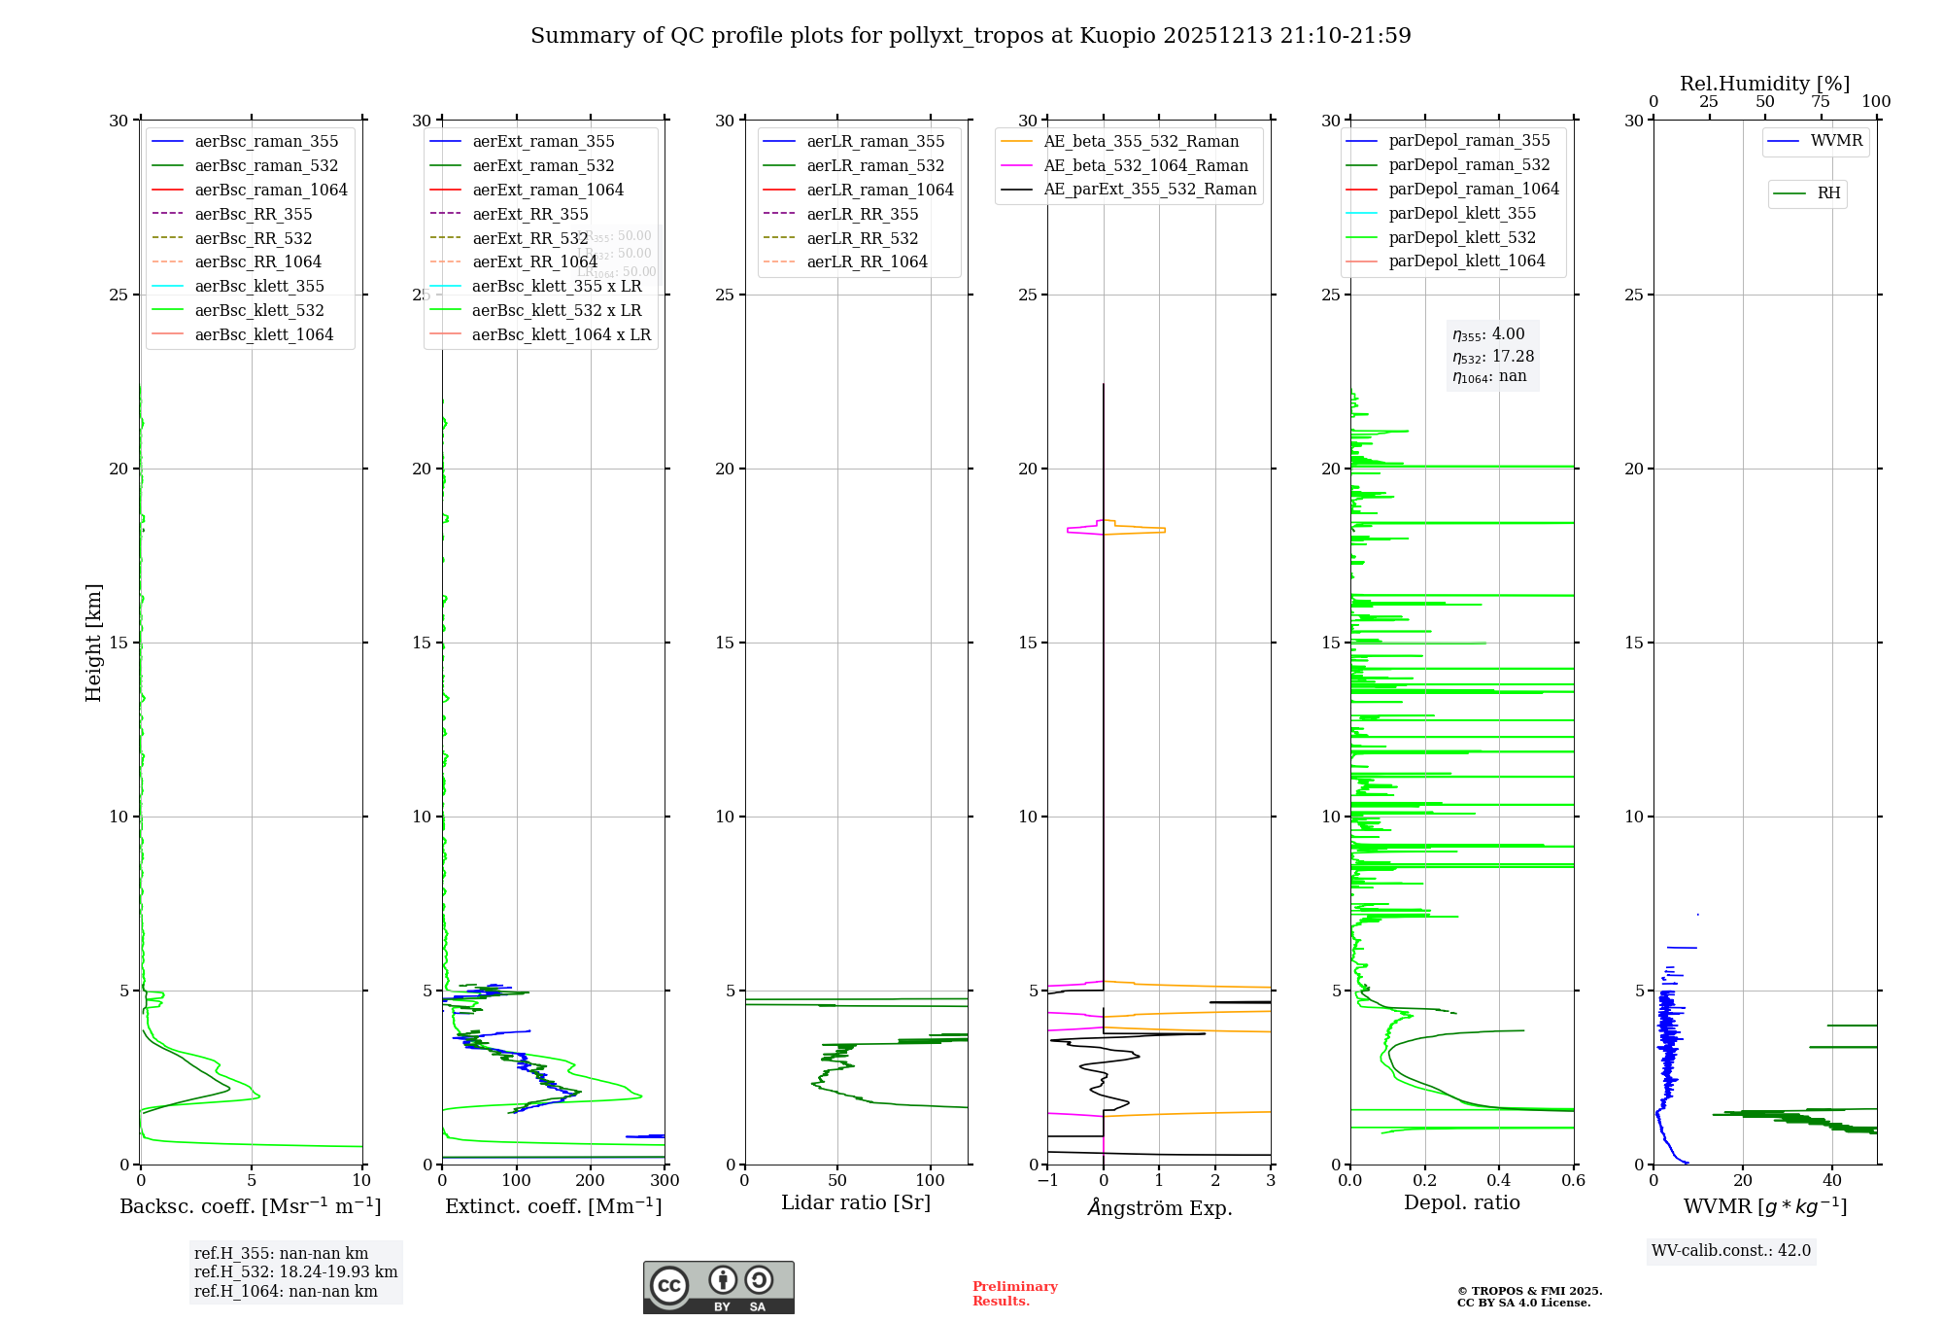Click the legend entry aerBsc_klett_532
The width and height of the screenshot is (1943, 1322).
pyautogui.click(x=259, y=310)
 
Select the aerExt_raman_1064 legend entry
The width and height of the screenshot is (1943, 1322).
pyautogui.click(x=548, y=190)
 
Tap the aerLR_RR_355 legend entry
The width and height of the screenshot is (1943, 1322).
pyautogui.click(x=862, y=214)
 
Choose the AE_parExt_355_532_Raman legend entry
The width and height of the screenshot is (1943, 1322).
pyautogui.click(x=1149, y=189)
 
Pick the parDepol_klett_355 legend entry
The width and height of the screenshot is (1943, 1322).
pyautogui.click(x=1462, y=213)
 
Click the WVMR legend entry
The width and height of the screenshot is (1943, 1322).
pyautogui.click(x=1836, y=141)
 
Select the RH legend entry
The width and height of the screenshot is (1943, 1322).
pyautogui.click(x=1828, y=193)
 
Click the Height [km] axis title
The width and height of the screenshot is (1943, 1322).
pyautogui.click(x=93, y=643)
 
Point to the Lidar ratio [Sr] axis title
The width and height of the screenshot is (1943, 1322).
pyautogui.click(x=856, y=1202)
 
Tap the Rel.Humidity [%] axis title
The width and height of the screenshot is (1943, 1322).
pyautogui.click(x=1764, y=84)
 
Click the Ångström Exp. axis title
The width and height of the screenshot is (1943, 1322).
pyautogui.click(x=1160, y=1207)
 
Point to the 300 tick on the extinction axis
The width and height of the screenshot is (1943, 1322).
pyautogui.click(x=665, y=1180)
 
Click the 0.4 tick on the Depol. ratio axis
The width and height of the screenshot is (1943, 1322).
pyautogui.click(x=1499, y=1180)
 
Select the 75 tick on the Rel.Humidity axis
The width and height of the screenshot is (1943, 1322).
pyautogui.click(x=1821, y=101)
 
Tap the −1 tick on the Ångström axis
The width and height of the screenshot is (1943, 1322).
pyautogui.click(x=1047, y=1180)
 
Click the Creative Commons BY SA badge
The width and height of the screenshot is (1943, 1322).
pyautogui.click(x=718, y=1287)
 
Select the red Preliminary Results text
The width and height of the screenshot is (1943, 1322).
pyautogui.click(x=1014, y=1293)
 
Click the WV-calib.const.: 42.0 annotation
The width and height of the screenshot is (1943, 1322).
pyautogui.click(x=1731, y=1250)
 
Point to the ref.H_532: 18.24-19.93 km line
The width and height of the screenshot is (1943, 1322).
pyautogui.click(x=295, y=1271)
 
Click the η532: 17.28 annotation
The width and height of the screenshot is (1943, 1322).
pyautogui.click(x=1493, y=357)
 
